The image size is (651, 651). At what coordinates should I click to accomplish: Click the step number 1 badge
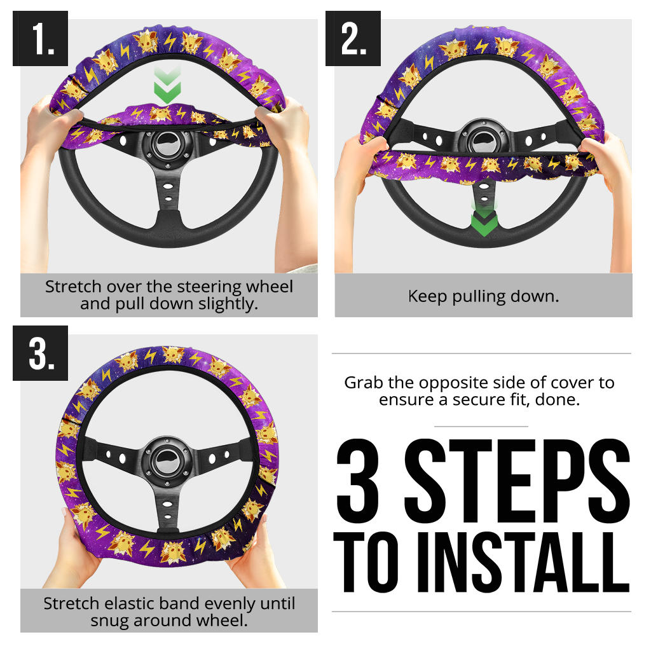(x=40, y=38)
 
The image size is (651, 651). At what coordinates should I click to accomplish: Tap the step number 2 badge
(x=353, y=38)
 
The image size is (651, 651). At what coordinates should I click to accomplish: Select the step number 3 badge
(x=40, y=353)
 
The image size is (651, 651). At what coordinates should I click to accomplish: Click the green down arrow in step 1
(x=167, y=85)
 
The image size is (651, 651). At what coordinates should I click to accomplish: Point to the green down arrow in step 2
(x=484, y=220)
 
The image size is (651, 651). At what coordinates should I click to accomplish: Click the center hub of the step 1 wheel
(x=168, y=146)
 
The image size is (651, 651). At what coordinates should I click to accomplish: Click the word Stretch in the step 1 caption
(x=73, y=287)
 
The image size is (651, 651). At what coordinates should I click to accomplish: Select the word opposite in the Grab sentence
(x=449, y=383)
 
